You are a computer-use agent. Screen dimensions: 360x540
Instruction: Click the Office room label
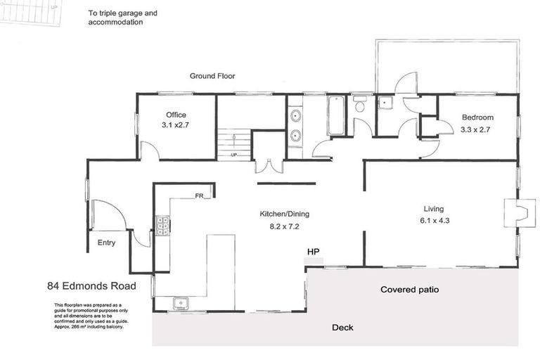(176, 115)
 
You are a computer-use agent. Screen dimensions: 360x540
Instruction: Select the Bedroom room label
(477, 117)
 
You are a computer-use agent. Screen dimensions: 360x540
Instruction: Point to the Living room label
(434, 209)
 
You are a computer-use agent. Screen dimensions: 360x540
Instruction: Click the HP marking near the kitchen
(313, 251)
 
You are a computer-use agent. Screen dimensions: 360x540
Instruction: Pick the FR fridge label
(199, 196)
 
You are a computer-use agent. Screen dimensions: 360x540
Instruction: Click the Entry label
(106, 243)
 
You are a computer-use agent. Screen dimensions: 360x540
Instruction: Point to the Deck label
(342, 327)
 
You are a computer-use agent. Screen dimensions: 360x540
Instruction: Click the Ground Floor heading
(212, 76)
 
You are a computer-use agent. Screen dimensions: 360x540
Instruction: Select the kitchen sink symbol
(181, 303)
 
